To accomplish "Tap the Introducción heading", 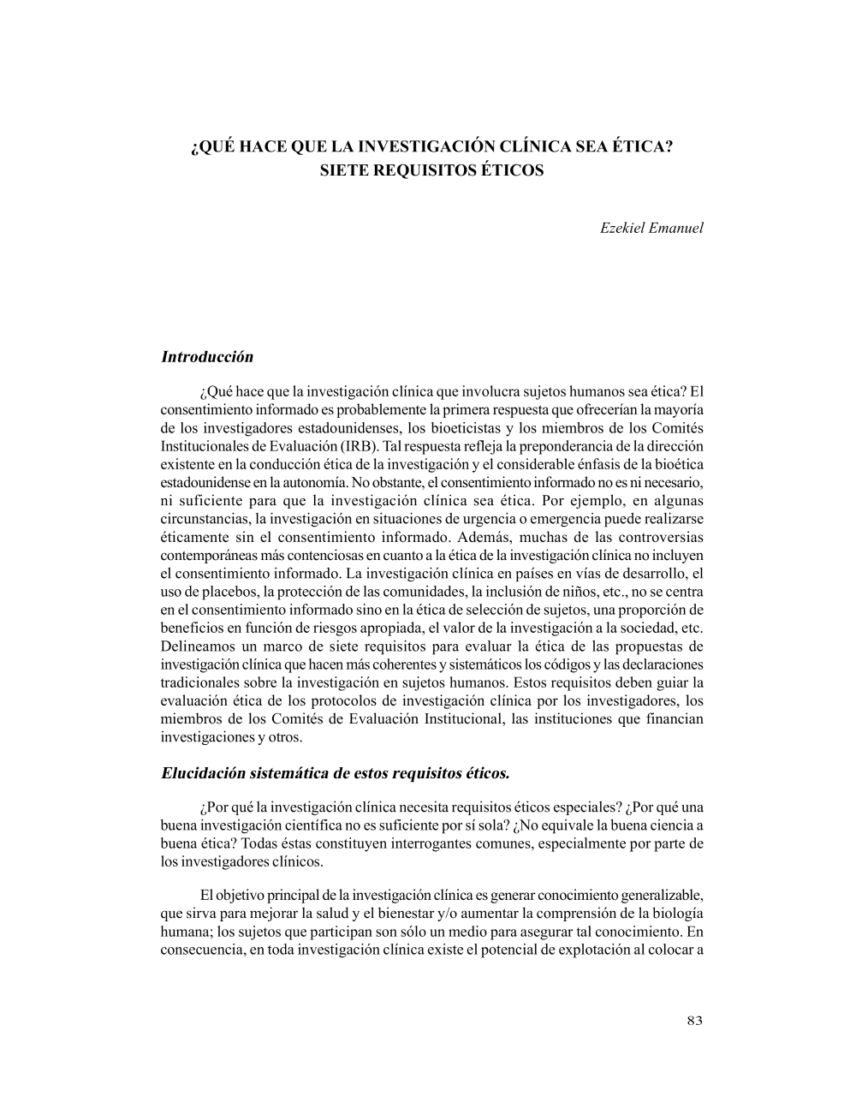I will pyautogui.click(x=207, y=357).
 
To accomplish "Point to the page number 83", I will pyautogui.click(x=694, y=1020).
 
